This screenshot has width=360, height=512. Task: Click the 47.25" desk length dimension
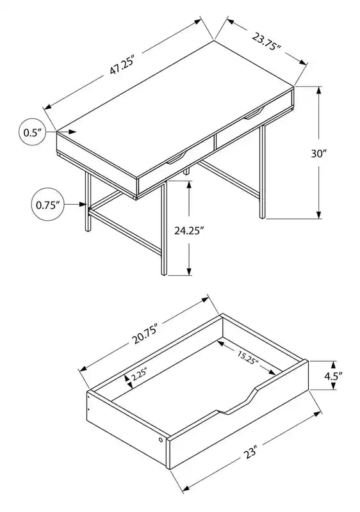point(122,65)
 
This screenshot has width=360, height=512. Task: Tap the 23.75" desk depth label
point(266,41)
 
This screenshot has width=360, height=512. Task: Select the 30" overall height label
point(319,153)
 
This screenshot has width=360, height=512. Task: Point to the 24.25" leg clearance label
point(189,231)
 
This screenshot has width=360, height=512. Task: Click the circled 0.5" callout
point(32,132)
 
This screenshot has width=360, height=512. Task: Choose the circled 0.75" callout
point(47,205)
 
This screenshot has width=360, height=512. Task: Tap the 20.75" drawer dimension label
point(145,333)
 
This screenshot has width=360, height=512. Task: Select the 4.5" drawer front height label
point(333,376)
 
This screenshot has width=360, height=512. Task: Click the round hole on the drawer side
point(161,440)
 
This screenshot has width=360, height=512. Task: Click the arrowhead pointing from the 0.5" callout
point(72,132)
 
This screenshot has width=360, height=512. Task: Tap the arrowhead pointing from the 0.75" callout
point(83,204)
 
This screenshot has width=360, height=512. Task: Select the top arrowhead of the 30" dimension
point(319,90)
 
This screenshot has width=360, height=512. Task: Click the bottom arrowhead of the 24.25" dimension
point(189,271)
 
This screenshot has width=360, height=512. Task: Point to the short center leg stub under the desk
point(186,172)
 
